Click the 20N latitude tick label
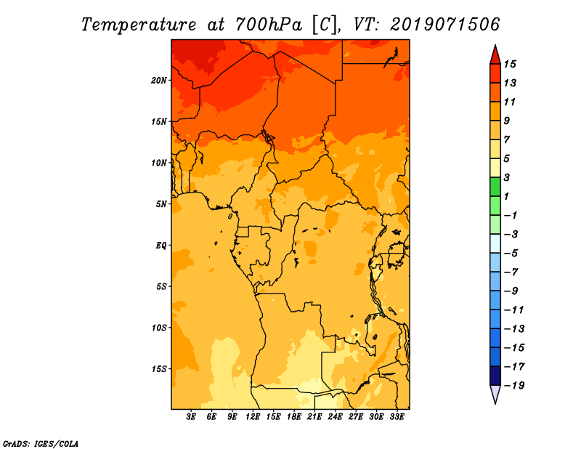(x=159, y=81)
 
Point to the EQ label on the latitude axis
(x=161, y=246)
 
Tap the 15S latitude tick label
(x=159, y=369)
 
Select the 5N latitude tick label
(x=161, y=204)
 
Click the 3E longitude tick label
(x=191, y=417)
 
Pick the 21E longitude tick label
(x=314, y=417)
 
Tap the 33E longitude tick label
(x=397, y=417)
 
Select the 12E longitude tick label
(x=253, y=417)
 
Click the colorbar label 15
(x=510, y=64)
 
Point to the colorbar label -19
(x=514, y=386)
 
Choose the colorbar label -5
(x=511, y=254)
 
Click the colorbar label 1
(x=507, y=196)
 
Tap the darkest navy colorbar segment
(x=495, y=376)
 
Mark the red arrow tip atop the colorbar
(x=495, y=45)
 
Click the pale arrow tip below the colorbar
(x=495, y=403)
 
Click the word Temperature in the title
(x=139, y=25)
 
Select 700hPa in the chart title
(x=269, y=25)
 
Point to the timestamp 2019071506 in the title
(x=444, y=25)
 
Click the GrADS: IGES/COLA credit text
(x=41, y=444)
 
